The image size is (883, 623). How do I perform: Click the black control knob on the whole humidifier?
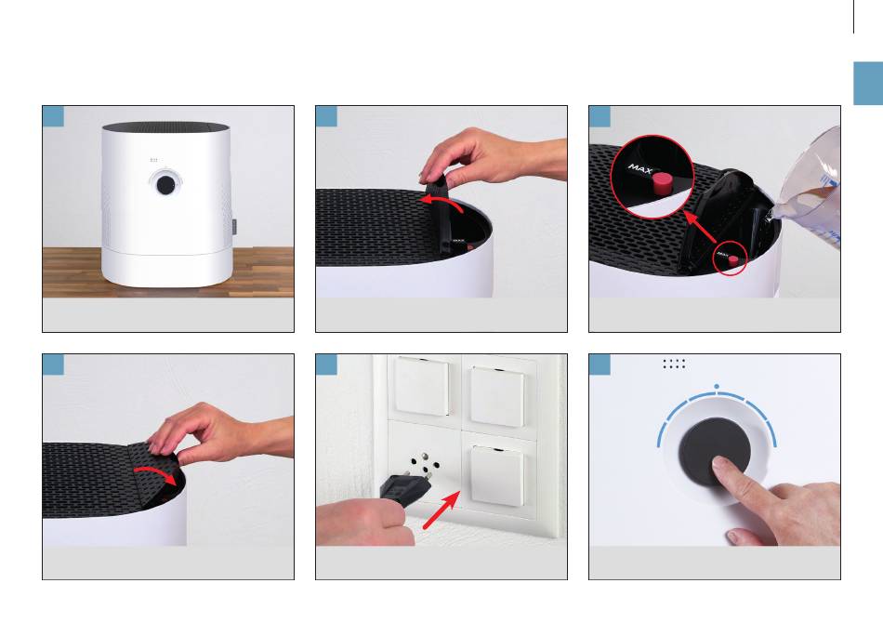[165, 185]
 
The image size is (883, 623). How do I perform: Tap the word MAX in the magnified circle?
[640, 168]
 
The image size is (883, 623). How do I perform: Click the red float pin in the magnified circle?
[662, 182]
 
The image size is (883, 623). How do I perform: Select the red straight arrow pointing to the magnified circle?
[700, 227]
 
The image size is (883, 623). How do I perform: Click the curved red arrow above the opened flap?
[442, 203]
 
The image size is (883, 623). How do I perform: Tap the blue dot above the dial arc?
[717, 387]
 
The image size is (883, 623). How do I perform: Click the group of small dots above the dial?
[674, 364]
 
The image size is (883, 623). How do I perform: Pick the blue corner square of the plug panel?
[326, 365]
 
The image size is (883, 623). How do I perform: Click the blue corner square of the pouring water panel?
[600, 116]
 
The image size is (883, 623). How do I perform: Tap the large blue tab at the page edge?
[868, 84]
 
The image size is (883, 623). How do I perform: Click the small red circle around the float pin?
[730, 259]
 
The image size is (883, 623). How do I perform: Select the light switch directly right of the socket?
[497, 476]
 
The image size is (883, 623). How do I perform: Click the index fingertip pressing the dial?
[722, 467]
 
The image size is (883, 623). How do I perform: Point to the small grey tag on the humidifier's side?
[234, 227]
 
